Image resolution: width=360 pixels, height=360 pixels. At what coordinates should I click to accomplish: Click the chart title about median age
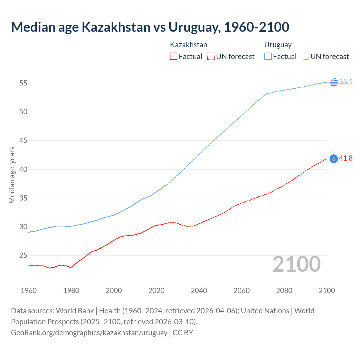(x=150, y=27)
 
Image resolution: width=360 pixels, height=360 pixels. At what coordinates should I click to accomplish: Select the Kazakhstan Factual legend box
(x=174, y=56)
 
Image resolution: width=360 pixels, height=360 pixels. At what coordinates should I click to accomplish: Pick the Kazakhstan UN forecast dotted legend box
(x=211, y=56)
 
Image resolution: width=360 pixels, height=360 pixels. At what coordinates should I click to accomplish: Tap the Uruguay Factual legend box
(x=268, y=56)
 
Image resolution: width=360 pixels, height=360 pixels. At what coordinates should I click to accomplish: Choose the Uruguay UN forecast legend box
(x=305, y=56)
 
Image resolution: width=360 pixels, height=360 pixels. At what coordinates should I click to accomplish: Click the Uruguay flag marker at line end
(x=334, y=82)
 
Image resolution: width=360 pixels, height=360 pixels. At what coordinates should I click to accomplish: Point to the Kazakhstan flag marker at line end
(x=334, y=159)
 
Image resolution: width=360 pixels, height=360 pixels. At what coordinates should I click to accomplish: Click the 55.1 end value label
(x=346, y=82)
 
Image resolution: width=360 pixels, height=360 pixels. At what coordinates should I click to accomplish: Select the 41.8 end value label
(x=346, y=158)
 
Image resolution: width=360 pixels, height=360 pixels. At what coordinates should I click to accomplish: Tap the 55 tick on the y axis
(x=23, y=83)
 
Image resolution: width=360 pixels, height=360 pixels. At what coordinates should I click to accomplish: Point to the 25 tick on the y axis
(x=23, y=256)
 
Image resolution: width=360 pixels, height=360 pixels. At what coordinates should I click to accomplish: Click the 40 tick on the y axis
(x=23, y=169)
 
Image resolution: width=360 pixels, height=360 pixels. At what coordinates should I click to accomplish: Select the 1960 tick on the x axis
(x=29, y=291)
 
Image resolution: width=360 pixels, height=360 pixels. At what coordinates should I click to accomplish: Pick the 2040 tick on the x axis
(x=199, y=291)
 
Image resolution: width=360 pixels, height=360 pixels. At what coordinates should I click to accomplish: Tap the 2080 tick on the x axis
(x=284, y=291)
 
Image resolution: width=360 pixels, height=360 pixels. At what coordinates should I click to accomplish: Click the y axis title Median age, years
(x=12, y=175)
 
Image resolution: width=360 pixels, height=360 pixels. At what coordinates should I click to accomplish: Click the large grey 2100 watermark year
(x=296, y=264)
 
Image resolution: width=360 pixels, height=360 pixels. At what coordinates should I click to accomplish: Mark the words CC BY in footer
(x=183, y=333)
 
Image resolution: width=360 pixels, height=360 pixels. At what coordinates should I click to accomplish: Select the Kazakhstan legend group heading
(x=188, y=45)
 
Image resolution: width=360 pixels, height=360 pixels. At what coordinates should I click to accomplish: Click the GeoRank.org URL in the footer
(x=89, y=333)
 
